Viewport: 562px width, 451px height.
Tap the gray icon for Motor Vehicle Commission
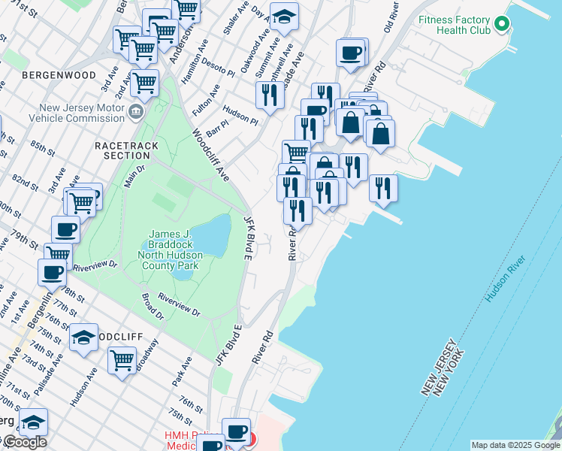pyautogui.click(x=135, y=113)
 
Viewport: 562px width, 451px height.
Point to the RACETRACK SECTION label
pyautogui.click(x=122, y=150)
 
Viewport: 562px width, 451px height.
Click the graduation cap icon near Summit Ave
pyautogui.click(x=284, y=17)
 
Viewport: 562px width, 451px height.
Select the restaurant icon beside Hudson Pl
pyautogui.click(x=269, y=95)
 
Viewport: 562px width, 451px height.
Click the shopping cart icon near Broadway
pyautogui.click(x=122, y=359)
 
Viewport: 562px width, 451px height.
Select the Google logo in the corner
pyautogui.click(x=24, y=442)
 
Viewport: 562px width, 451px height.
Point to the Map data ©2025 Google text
pyautogui.click(x=515, y=445)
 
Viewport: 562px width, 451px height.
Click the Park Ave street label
pyautogui.click(x=182, y=371)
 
